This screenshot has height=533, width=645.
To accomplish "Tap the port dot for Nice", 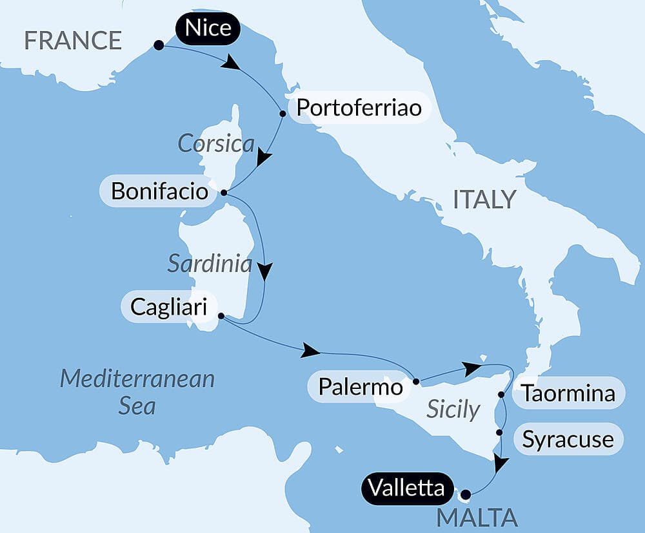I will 158,45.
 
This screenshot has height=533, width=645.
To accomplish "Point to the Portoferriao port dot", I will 283,114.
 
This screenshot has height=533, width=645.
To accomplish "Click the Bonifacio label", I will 159,191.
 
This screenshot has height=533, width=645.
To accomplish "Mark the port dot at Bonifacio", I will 223,193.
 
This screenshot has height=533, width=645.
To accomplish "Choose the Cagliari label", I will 168,307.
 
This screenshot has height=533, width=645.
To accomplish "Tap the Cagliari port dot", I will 221,317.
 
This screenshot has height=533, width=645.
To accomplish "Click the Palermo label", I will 361,388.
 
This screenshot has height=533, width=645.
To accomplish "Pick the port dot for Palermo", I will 416,381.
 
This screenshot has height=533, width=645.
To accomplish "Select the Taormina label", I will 568,393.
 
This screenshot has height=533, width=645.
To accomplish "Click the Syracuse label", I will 568,440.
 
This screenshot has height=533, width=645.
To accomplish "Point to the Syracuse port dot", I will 499,432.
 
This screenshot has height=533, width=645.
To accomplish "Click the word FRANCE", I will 73,41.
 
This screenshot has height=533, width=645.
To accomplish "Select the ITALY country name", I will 484,200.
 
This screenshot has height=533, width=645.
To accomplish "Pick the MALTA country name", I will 477,517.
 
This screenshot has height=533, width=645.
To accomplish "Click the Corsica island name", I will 216,143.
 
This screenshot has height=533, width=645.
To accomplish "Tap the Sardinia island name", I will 210,263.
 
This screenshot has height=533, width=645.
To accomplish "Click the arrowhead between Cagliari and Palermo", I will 311,351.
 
